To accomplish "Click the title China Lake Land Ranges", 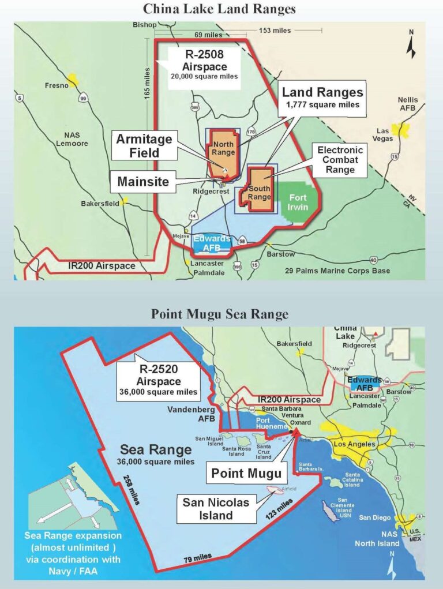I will [221, 10].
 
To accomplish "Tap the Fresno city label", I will [57, 85].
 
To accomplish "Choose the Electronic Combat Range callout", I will [337, 160].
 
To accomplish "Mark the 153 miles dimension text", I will [273, 30].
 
